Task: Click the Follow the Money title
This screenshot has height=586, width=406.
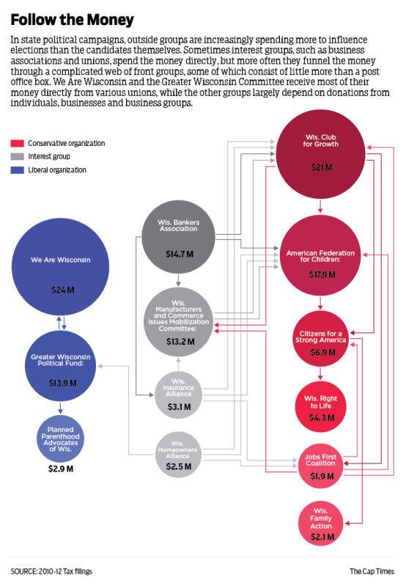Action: tap(72, 20)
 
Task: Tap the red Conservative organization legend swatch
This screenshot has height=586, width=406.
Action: tap(17, 143)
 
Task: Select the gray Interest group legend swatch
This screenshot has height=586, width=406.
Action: tap(17, 156)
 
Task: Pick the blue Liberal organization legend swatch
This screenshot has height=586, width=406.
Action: tap(17, 170)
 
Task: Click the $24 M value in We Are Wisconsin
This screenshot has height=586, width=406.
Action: tap(63, 290)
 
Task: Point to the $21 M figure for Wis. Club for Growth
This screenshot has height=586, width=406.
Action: tap(322, 167)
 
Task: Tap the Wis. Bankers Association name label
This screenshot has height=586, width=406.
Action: tap(179, 225)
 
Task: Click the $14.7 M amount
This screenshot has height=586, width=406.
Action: tap(180, 254)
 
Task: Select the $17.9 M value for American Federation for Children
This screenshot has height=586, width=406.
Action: tap(322, 275)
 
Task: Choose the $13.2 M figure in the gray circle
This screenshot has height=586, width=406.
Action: tap(180, 342)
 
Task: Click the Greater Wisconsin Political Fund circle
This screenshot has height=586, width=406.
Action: tap(61, 366)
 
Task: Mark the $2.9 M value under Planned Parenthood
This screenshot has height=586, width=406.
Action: tap(61, 469)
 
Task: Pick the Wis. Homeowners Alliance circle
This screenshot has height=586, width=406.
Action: tap(178, 455)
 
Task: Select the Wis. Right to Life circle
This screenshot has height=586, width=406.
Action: tap(320, 406)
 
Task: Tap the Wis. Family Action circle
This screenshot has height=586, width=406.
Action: tap(321, 523)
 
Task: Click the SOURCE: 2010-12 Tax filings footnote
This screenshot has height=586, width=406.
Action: tap(51, 571)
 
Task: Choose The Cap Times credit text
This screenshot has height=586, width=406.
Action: tap(372, 571)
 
